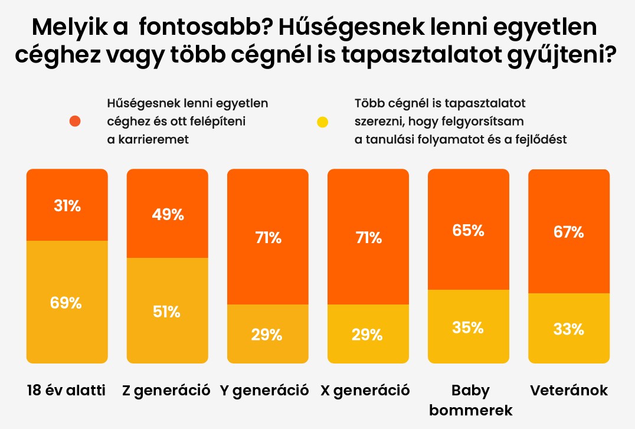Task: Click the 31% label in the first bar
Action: pos(67,207)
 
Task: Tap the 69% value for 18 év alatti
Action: pos(67,303)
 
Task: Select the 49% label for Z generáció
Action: pos(167,215)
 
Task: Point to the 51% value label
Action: pos(167,312)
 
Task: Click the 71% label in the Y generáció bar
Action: pos(267,238)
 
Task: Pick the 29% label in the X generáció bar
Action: pos(368,335)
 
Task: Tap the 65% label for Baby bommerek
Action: pos(468,231)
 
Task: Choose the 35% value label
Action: pos(468,328)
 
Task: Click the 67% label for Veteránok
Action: pos(569,232)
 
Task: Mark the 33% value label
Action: pos(569,329)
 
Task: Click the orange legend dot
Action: pos(74,122)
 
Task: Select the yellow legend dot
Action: pos(322,122)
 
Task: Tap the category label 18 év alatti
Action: pos(66,391)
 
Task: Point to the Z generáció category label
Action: pos(166,391)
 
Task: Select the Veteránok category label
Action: pos(569,391)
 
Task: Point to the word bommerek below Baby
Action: pos(471,410)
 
